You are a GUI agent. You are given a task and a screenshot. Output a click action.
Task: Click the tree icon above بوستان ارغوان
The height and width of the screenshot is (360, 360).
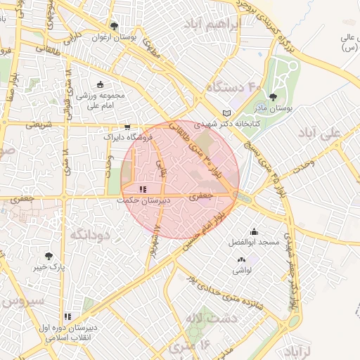point(114,26)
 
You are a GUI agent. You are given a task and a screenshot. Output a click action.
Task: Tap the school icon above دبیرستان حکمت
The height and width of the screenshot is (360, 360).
point(143,188)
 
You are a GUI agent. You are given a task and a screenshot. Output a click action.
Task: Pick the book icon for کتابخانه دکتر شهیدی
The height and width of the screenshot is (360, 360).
point(226,113)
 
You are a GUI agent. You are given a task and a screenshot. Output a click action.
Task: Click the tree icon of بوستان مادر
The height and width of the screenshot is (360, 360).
point(273,98)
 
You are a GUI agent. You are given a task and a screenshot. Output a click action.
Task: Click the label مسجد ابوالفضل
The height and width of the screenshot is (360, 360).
point(254,242)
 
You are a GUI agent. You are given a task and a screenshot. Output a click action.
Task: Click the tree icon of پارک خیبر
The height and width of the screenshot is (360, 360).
point(49,256)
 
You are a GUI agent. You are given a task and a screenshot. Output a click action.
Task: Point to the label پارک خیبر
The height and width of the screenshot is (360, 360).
point(50,267)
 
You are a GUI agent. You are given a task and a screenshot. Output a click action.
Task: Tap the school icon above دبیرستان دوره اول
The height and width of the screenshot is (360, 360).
point(67,317)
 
